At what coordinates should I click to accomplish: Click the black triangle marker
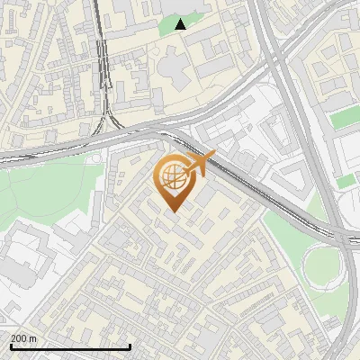click(181, 23)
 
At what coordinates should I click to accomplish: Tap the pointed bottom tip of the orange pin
click(173, 211)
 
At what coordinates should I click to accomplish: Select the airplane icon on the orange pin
click(202, 164)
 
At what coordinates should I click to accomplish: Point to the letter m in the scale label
click(33, 337)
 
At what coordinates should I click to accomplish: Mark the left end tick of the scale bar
click(11, 346)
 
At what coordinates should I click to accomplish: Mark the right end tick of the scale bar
click(130, 346)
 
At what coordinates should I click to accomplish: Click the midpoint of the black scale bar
click(70, 346)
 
